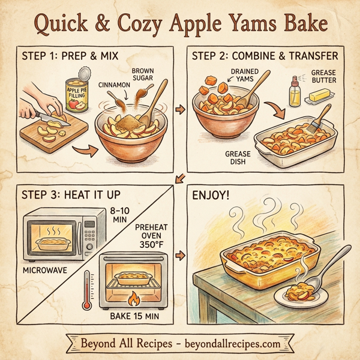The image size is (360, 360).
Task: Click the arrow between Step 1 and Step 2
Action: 178,110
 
